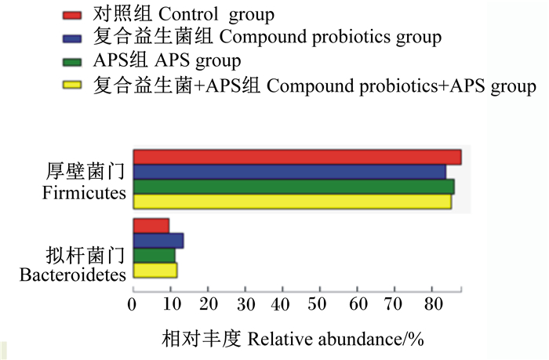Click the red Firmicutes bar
[297, 157]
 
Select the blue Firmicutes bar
[289, 172]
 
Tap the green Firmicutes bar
[294, 187]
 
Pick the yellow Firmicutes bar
[293, 202]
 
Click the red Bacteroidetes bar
[151, 226]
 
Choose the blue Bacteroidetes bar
[158, 241]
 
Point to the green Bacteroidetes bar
[155, 255]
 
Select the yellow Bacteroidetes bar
[155, 271]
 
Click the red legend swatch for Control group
[72, 15]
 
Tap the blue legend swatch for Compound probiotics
[72, 38]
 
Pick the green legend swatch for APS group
[72, 62]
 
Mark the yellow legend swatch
[72, 85]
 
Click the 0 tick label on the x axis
[132, 304]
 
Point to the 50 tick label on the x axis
[317, 304]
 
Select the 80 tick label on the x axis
[434, 304]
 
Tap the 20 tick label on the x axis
[209, 304]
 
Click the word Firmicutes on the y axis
[84, 193]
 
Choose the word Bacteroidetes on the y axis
[72, 275]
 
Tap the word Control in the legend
[188, 14]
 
